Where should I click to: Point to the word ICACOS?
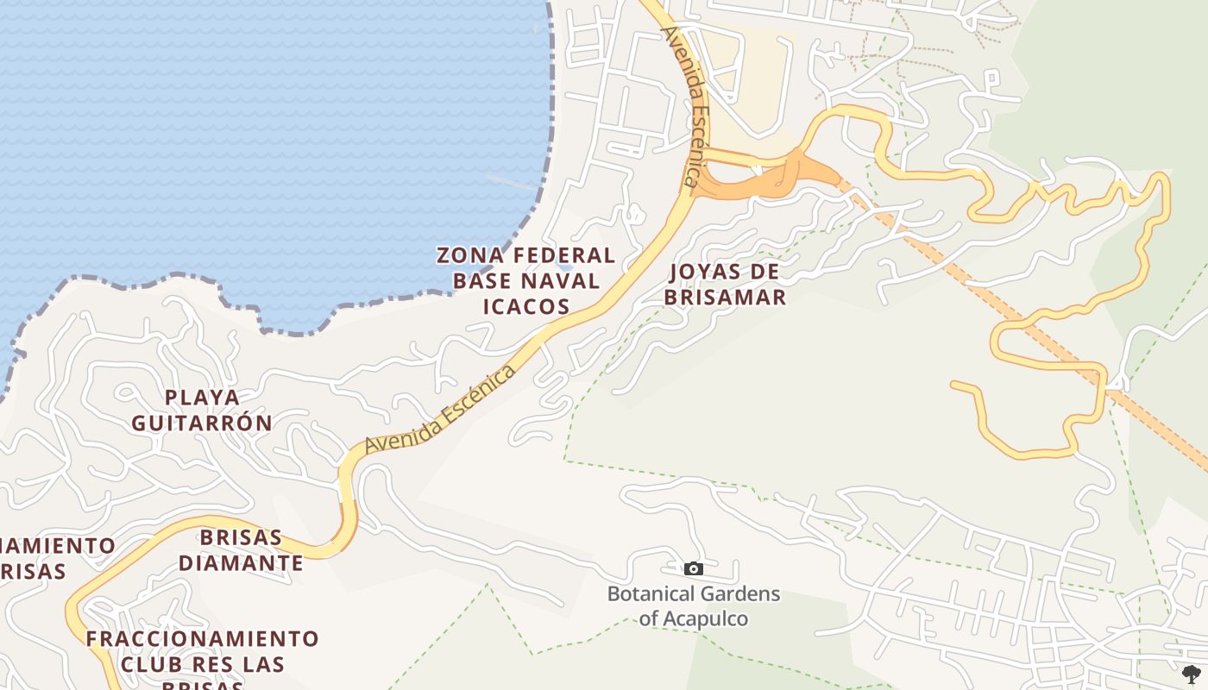[526, 306]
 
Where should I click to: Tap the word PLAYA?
[202, 398]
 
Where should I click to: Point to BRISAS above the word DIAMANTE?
[241, 537]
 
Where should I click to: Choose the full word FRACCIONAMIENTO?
[202, 639]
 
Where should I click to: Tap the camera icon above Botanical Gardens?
[693, 568]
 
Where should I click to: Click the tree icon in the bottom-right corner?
[1192, 674]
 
